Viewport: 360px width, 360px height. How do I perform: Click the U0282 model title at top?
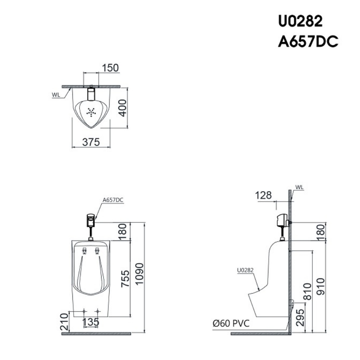point(300,21)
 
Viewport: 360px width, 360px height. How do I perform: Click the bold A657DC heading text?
point(308,42)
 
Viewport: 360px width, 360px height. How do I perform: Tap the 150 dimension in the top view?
point(110,68)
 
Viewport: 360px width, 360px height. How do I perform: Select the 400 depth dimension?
point(123,108)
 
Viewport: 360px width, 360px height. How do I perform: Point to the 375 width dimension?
point(91,142)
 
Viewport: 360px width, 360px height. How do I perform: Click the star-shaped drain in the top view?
point(91,112)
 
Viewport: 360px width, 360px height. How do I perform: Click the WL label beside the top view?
point(56,95)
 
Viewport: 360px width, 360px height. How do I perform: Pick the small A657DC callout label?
point(113,200)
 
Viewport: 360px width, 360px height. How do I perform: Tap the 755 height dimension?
point(125,278)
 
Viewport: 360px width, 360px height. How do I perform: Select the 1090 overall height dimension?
point(139,274)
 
